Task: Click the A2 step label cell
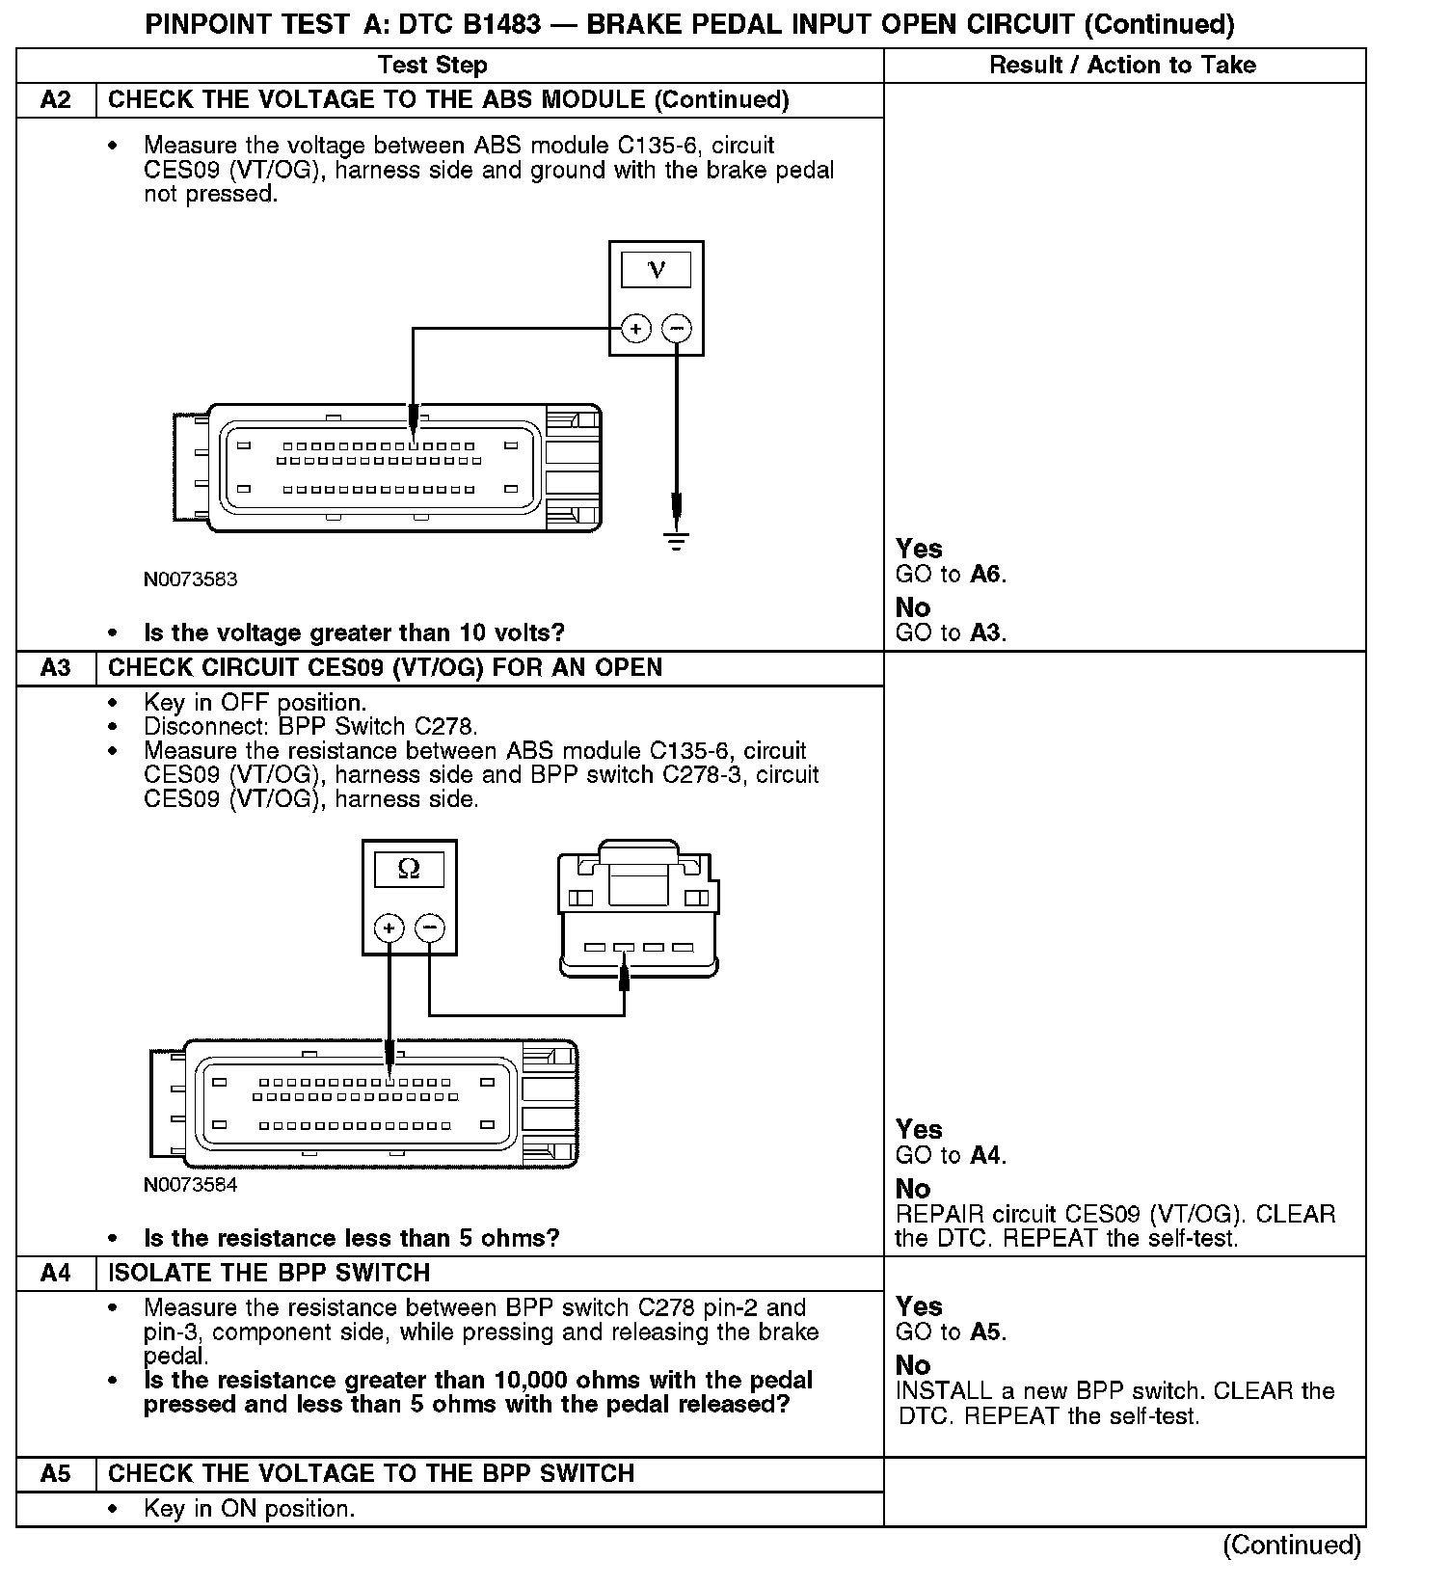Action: coord(56,100)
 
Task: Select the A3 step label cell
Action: coord(56,668)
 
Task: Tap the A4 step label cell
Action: coord(56,1273)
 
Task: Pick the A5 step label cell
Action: coord(56,1474)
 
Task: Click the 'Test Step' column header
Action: coord(432,66)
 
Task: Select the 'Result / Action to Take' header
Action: coord(1123,66)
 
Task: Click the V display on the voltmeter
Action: coord(657,270)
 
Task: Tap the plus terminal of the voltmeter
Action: coord(636,329)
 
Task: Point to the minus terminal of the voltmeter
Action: coord(677,329)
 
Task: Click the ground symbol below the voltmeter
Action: coord(677,541)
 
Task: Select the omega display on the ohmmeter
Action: coord(409,870)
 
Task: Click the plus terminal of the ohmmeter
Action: coord(389,928)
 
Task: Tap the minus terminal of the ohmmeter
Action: coord(429,928)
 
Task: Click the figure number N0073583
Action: coord(190,579)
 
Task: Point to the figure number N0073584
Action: coord(190,1185)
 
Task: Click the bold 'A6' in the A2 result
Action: coord(986,575)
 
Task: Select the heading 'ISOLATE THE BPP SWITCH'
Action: coord(269,1273)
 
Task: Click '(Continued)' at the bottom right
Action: coord(1292,1546)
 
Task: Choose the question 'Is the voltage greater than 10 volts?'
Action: coord(354,633)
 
